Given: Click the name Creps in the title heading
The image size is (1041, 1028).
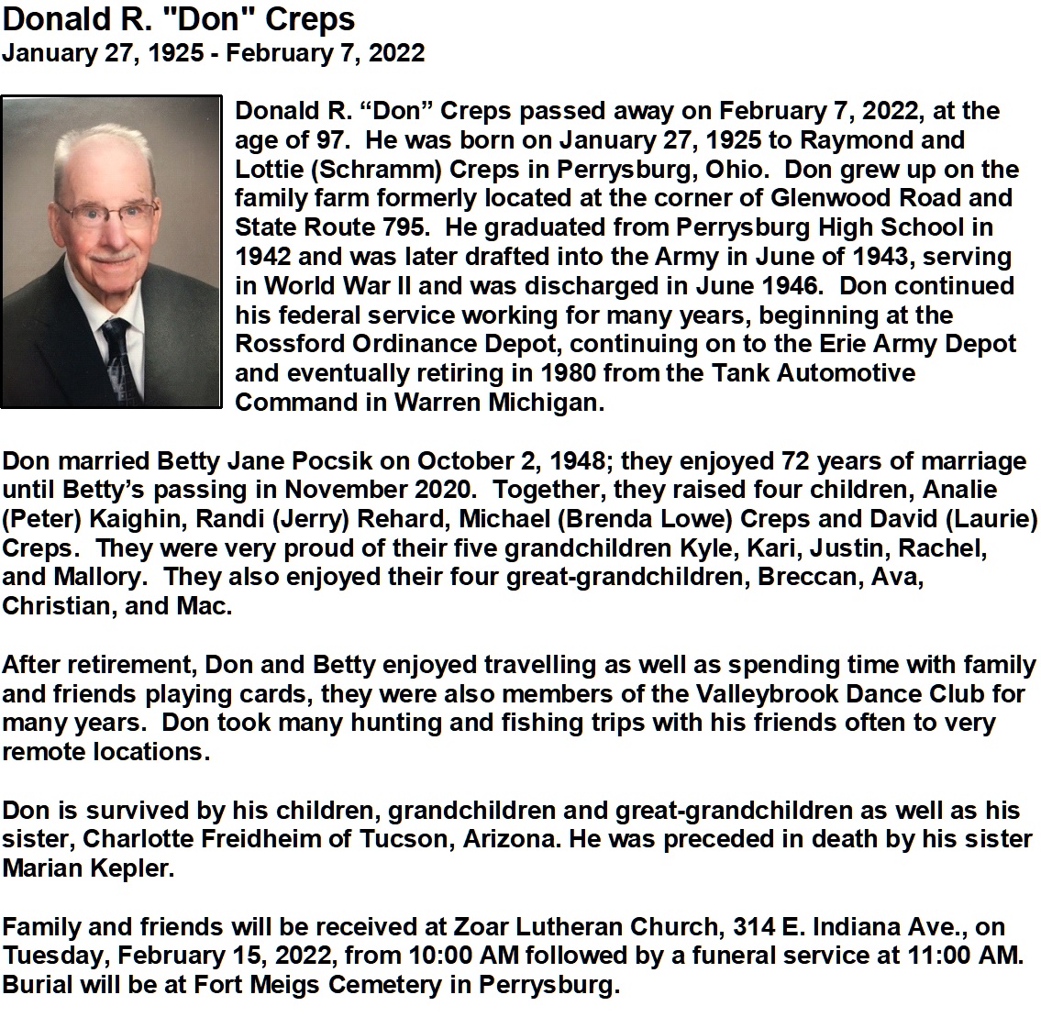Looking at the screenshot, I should click(309, 19).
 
